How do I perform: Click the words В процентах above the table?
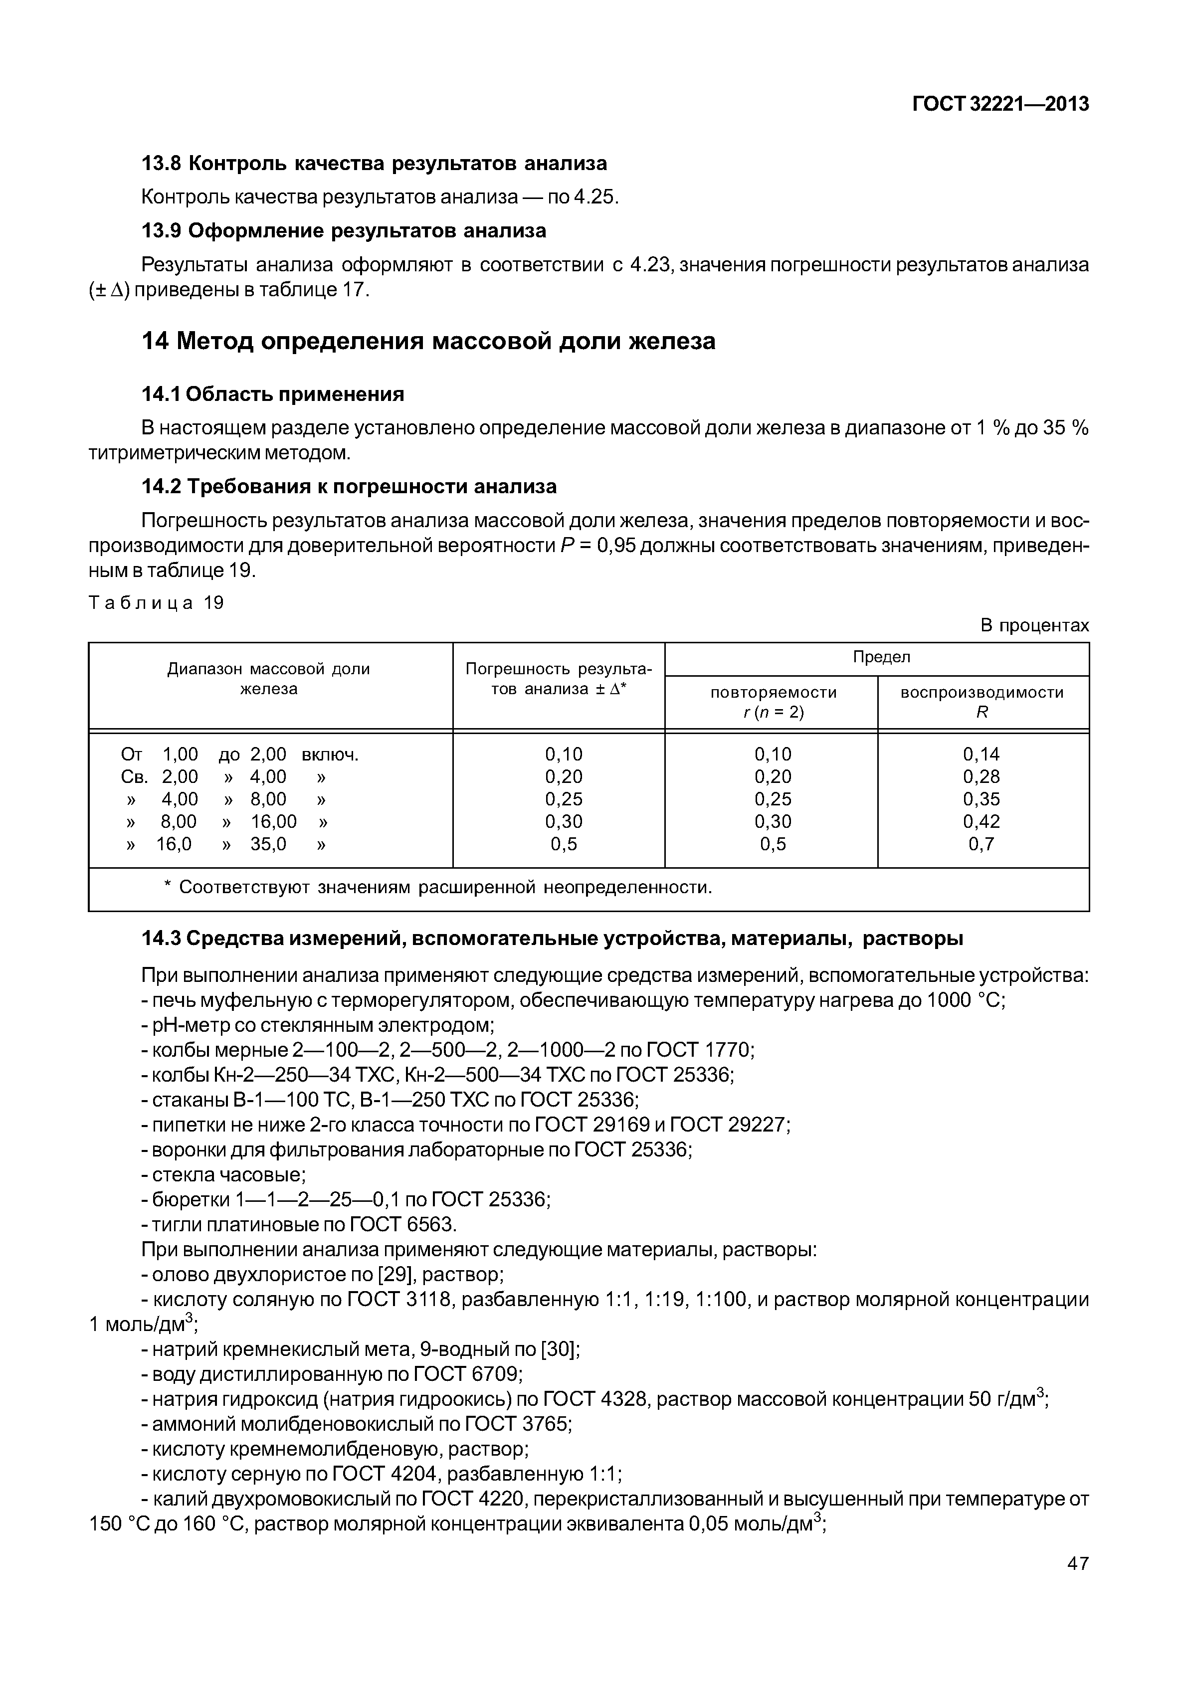1034,625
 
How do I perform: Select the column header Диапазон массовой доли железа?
269,678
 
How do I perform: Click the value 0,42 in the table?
981,821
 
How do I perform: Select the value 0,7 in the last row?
981,844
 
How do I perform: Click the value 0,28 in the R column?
981,776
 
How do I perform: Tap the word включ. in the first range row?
330,755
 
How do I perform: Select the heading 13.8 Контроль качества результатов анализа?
374,163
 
